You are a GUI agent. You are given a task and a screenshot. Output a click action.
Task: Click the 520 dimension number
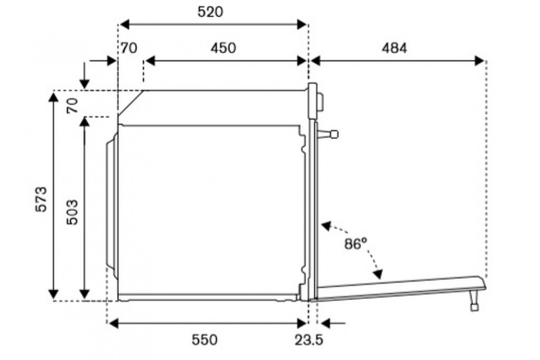click(210, 12)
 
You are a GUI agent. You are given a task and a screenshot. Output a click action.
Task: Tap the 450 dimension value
click(223, 48)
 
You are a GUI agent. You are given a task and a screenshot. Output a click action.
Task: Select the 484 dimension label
click(394, 48)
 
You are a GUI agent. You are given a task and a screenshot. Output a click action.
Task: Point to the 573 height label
click(41, 199)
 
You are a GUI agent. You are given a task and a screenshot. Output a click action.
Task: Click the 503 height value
click(72, 212)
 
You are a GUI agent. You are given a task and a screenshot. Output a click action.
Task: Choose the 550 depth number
click(204, 340)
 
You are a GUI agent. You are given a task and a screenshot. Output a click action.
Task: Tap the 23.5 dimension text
click(309, 340)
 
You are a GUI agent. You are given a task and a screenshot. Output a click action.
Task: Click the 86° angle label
click(355, 243)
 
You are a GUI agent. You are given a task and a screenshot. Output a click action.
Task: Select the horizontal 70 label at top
click(129, 48)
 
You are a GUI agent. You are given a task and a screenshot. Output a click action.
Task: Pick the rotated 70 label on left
click(72, 106)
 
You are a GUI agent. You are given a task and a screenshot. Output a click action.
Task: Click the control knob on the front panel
click(320, 102)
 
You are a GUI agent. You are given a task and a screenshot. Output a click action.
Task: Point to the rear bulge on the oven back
click(112, 206)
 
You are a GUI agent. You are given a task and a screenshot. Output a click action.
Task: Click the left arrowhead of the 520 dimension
click(124, 25)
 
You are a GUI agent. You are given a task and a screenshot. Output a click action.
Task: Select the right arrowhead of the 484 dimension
click(479, 61)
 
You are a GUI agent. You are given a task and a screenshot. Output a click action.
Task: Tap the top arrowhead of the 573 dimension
click(53, 97)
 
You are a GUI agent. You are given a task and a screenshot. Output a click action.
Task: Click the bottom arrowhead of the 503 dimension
click(85, 294)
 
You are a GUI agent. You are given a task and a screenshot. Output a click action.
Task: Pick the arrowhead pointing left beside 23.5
click(325, 324)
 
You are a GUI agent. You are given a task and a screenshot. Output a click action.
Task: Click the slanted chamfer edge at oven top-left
click(131, 103)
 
